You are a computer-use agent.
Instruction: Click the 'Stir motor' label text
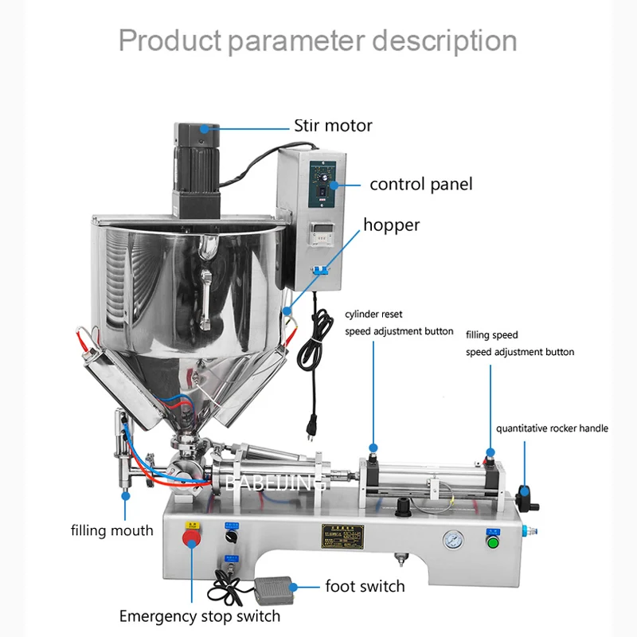coord(333,125)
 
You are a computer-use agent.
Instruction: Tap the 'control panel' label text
coord(420,184)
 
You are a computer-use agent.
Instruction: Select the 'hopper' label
coord(391,225)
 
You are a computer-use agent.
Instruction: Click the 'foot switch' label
coord(365,586)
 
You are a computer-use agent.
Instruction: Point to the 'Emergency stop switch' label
coord(199,616)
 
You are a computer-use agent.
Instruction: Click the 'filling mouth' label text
coord(111,530)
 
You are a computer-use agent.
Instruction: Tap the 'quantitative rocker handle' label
coord(552,428)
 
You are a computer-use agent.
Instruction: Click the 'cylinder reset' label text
coord(373,315)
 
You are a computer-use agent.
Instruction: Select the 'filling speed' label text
coord(491,335)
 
